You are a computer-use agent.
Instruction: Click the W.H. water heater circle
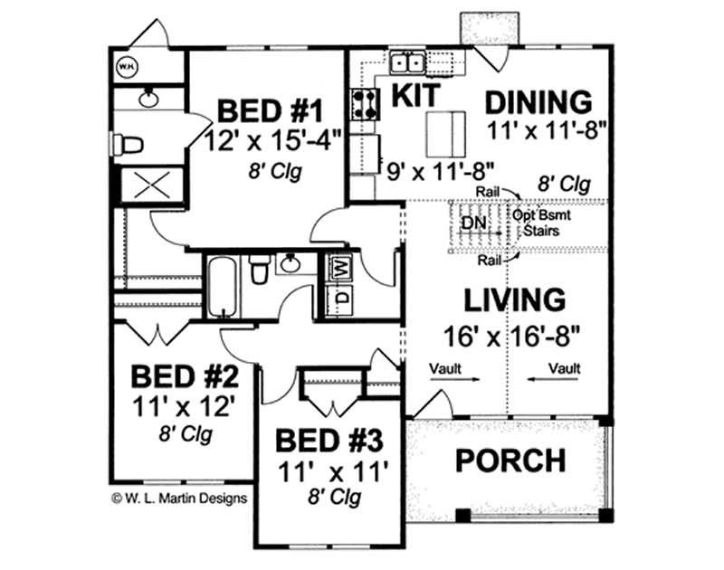(127, 66)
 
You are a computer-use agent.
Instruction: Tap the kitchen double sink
(408, 62)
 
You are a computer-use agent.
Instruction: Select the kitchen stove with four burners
(366, 103)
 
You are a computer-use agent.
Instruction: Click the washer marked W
(340, 268)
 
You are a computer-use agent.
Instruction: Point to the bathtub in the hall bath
(223, 286)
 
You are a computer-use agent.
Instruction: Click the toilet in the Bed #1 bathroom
(127, 145)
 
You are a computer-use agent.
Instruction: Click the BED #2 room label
(185, 376)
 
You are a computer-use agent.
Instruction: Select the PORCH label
(510, 460)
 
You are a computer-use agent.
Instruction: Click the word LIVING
(514, 299)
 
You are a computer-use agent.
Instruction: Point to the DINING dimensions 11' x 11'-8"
(546, 131)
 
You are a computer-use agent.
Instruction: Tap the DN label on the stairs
(474, 223)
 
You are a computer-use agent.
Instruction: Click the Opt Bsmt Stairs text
(541, 223)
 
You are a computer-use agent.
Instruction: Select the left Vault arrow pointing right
(455, 379)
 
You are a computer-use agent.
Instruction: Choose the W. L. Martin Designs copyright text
(179, 499)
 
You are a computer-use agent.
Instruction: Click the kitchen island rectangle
(446, 134)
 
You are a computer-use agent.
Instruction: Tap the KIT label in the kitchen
(415, 95)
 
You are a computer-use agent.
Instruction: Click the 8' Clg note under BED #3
(334, 498)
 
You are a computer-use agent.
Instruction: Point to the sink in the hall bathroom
(291, 263)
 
